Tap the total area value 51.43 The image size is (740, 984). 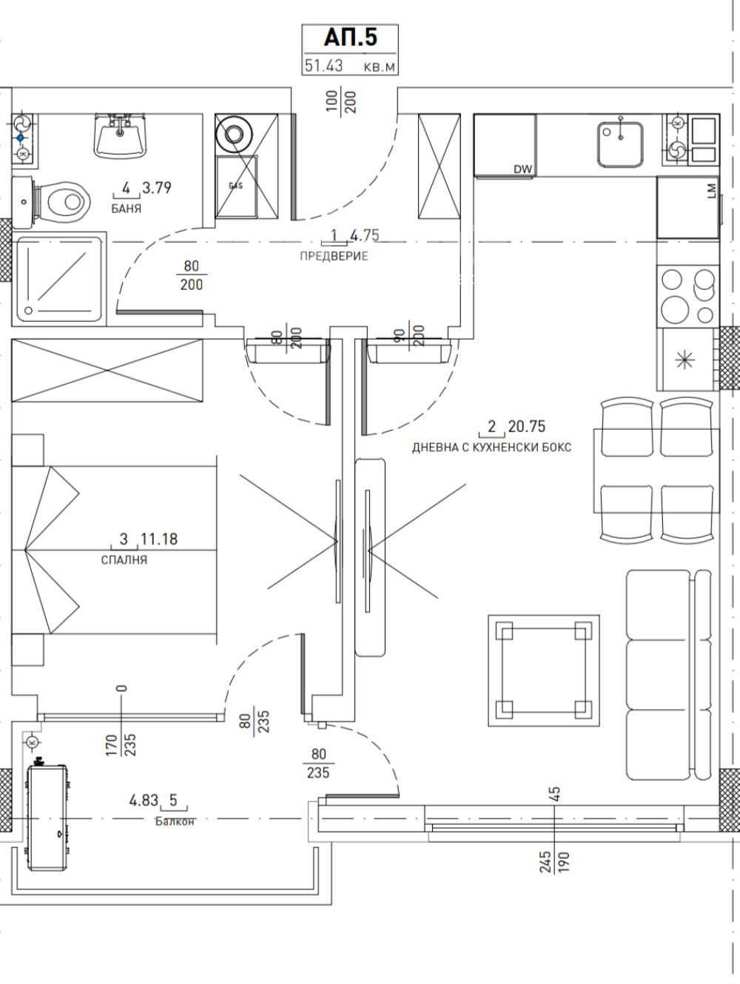tap(323, 65)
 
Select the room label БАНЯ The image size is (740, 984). tap(126, 209)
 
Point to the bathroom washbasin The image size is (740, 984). tap(120, 136)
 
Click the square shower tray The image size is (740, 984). tap(60, 278)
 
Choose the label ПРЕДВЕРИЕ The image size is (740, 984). tap(334, 256)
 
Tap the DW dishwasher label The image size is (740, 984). tap(522, 169)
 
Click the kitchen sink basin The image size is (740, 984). tap(620, 144)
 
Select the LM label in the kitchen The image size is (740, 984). tap(711, 190)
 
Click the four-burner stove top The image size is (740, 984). tap(688, 297)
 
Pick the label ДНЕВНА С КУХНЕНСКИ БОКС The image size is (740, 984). tap(491, 447)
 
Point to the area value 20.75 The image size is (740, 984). tap(527, 426)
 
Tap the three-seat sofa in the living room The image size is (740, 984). tap(668, 675)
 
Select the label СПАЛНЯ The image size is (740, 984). tap(124, 560)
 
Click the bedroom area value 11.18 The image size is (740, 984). tap(159, 539)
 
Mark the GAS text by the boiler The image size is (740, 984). tap(236, 186)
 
